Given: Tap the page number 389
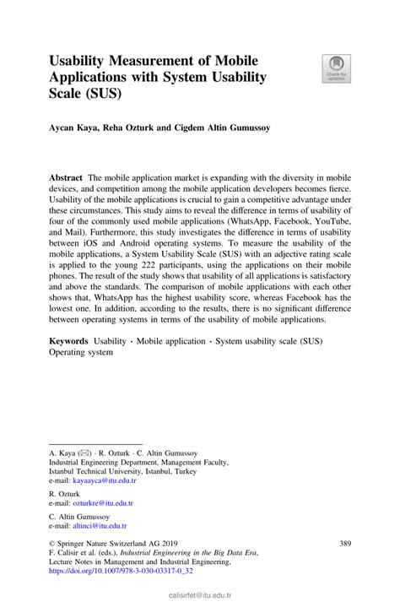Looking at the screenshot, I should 344,544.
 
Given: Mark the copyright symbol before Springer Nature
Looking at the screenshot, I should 52,545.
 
